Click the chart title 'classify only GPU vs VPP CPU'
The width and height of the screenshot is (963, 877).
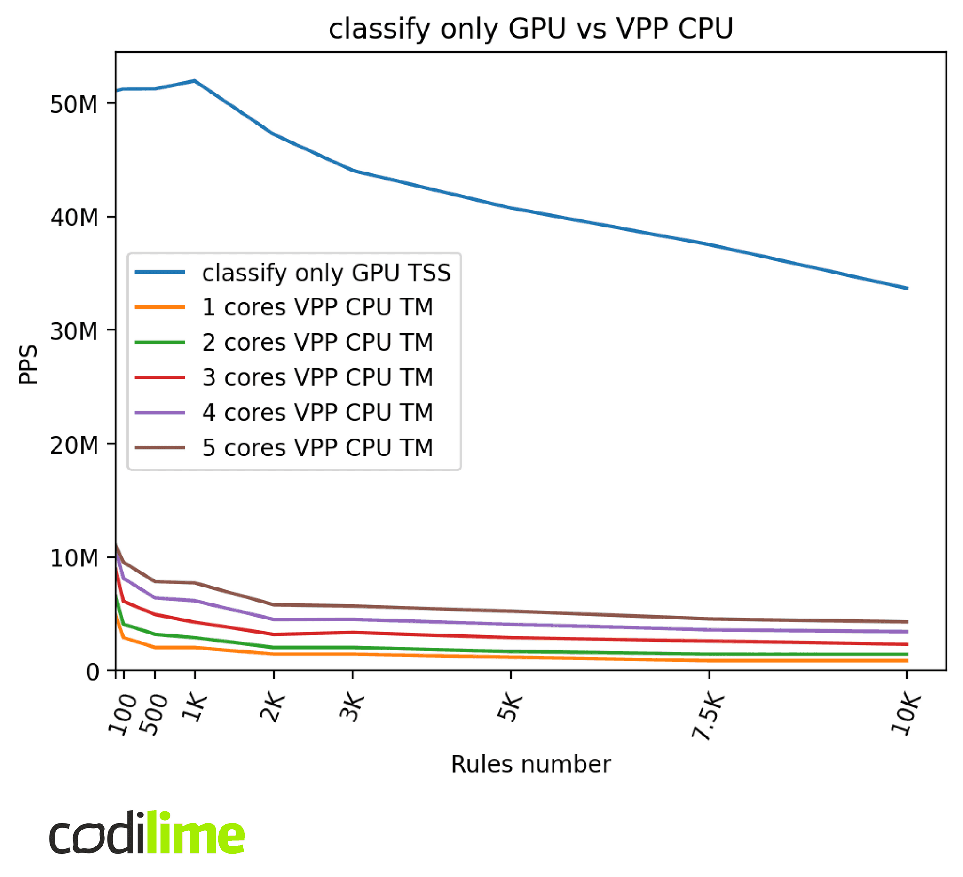(x=531, y=29)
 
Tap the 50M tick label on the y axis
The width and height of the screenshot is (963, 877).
(x=73, y=104)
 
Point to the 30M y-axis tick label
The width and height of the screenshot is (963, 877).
(x=73, y=331)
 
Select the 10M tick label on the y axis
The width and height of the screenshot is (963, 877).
(x=73, y=558)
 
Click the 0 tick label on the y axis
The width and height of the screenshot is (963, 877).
(x=93, y=672)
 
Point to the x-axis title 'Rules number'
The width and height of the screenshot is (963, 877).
(x=531, y=764)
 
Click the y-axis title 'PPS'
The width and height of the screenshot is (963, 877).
(x=29, y=364)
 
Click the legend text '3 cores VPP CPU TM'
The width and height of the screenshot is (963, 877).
(x=318, y=377)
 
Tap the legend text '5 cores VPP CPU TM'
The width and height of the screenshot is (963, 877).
(x=318, y=448)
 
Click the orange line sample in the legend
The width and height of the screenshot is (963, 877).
(x=159, y=307)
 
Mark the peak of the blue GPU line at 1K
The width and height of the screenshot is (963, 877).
(x=195, y=81)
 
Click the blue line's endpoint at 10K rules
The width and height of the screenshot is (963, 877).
(x=907, y=289)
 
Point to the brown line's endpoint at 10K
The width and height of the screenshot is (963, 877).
(x=907, y=622)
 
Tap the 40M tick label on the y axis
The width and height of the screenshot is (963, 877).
(x=73, y=218)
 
